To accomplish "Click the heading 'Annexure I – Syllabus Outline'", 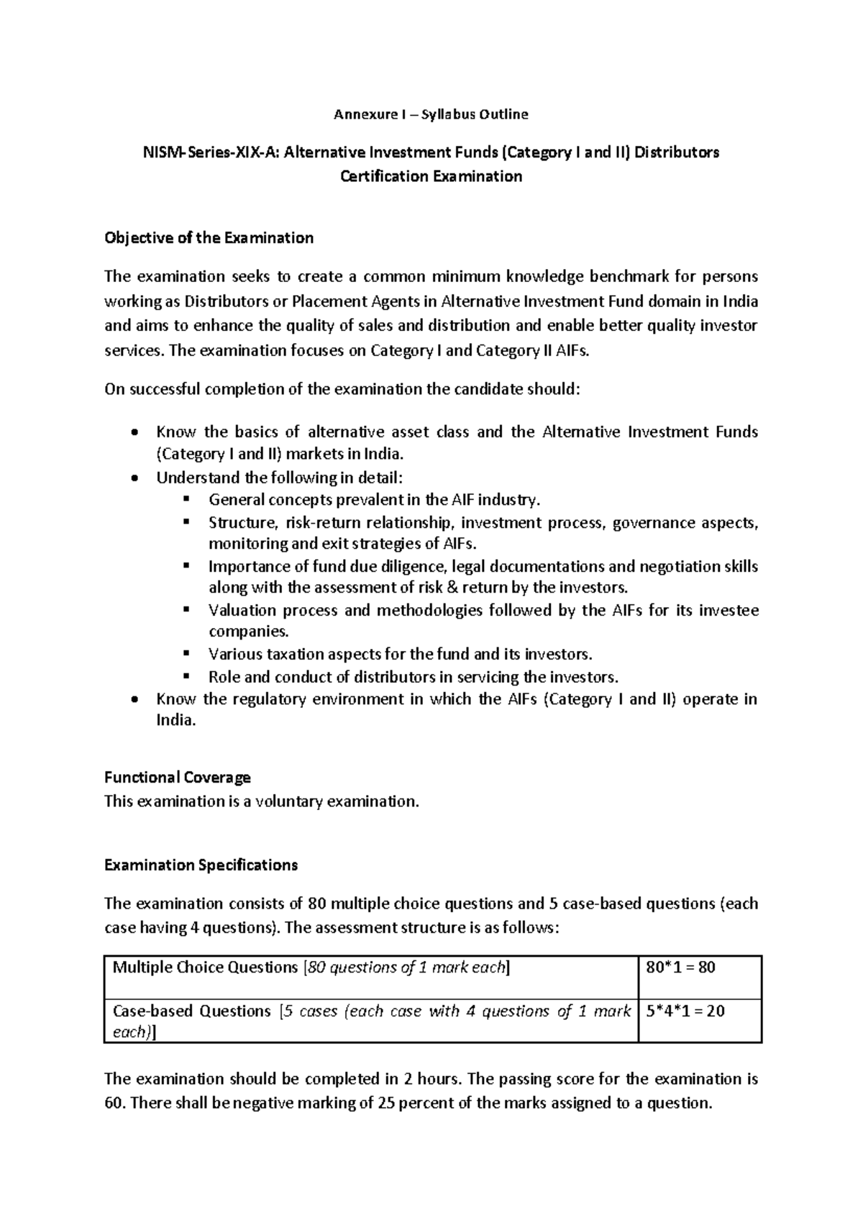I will [431, 114].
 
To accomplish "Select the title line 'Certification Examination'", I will [431, 176].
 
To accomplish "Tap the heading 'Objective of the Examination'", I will [209, 238].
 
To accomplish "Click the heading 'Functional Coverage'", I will [178, 777].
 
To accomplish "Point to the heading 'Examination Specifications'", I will [201, 865].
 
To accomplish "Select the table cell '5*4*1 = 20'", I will [685, 1011].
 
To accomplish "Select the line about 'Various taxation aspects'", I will [400, 655].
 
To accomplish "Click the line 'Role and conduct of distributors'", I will [413, 677].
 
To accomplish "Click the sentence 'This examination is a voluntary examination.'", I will [261, 801].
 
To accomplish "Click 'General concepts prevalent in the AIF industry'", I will [374, 500].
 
